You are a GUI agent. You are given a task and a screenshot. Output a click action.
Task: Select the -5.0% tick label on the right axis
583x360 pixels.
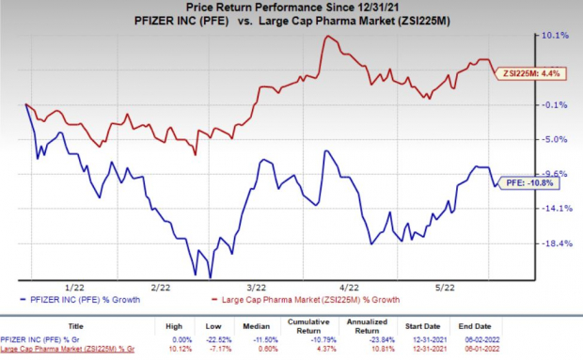click(x=548, y=139)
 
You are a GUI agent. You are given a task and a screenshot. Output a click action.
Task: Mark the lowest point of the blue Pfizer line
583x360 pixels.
click(x=210, y=277)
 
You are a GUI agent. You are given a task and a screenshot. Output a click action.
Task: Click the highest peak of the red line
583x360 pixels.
click(x=326, y=37)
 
